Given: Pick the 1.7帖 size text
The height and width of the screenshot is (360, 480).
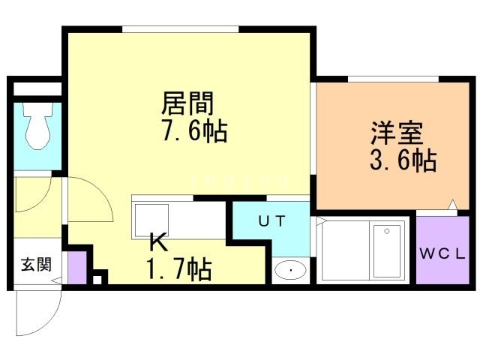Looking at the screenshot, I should coord(177,268).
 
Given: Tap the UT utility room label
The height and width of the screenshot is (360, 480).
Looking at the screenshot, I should coord(271,220).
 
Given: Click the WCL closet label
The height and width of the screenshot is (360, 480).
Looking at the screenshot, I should coord(442,253).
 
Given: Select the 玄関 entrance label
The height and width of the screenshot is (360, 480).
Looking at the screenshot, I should coord(35,264).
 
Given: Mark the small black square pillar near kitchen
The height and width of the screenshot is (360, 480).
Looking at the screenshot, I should coord(97,280).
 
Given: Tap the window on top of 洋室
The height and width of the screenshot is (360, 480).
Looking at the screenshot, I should coord(392,79).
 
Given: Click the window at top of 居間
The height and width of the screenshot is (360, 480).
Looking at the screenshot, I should coord(181,30).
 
